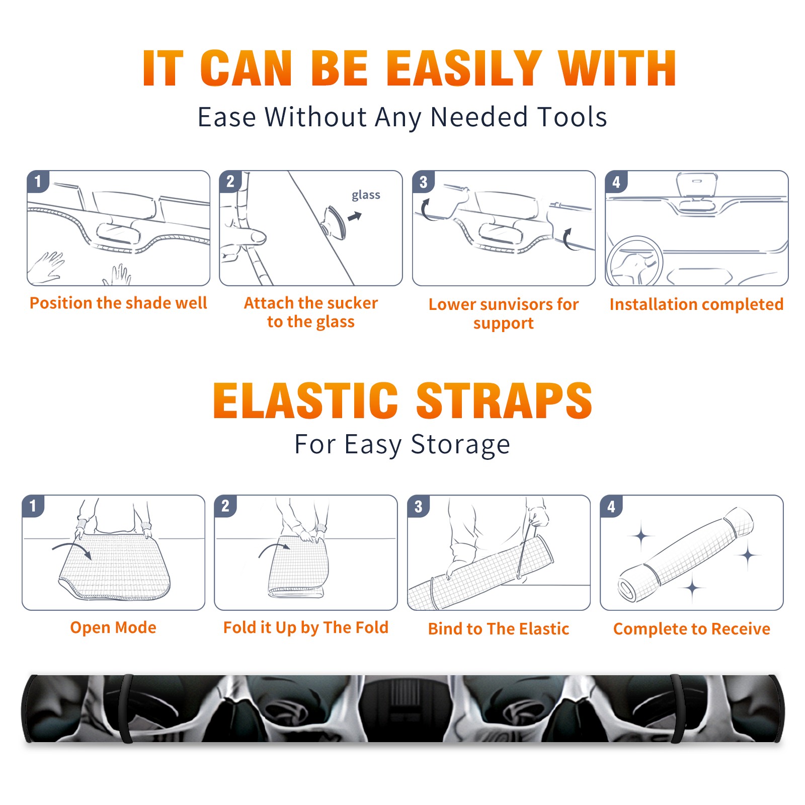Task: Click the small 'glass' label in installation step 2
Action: click(366, 195)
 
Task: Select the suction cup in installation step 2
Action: click(334, 222)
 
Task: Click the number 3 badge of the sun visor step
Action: click(423, 182)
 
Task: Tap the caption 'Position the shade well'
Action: click(118, 303)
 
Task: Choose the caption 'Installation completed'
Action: click(696, 304)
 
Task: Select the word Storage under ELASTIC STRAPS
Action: click(460, 445)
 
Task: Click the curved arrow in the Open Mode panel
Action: click(72, 549)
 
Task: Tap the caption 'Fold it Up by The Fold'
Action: click(306, 627)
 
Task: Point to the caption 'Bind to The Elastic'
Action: click(499, 628)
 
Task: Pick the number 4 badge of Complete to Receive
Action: click(611, 506)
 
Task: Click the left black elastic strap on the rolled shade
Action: click(126, 708)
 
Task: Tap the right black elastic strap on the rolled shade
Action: click(677, 708)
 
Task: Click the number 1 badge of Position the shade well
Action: click(38, 182)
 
